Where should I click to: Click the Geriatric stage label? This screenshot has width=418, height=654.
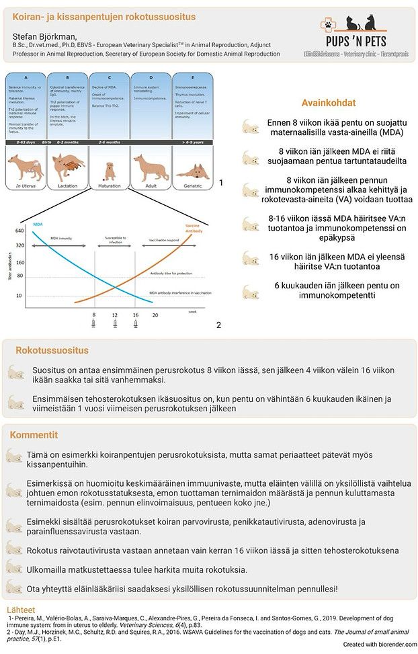click(193, 185)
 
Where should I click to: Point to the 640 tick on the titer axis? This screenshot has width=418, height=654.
click(19, 232)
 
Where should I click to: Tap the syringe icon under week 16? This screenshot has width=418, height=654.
click(136, 324)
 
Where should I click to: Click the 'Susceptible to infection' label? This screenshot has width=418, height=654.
click(115, 240)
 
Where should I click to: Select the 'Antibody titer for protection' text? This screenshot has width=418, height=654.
click(171, 274)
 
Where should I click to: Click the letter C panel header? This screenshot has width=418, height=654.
click(108, 77)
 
